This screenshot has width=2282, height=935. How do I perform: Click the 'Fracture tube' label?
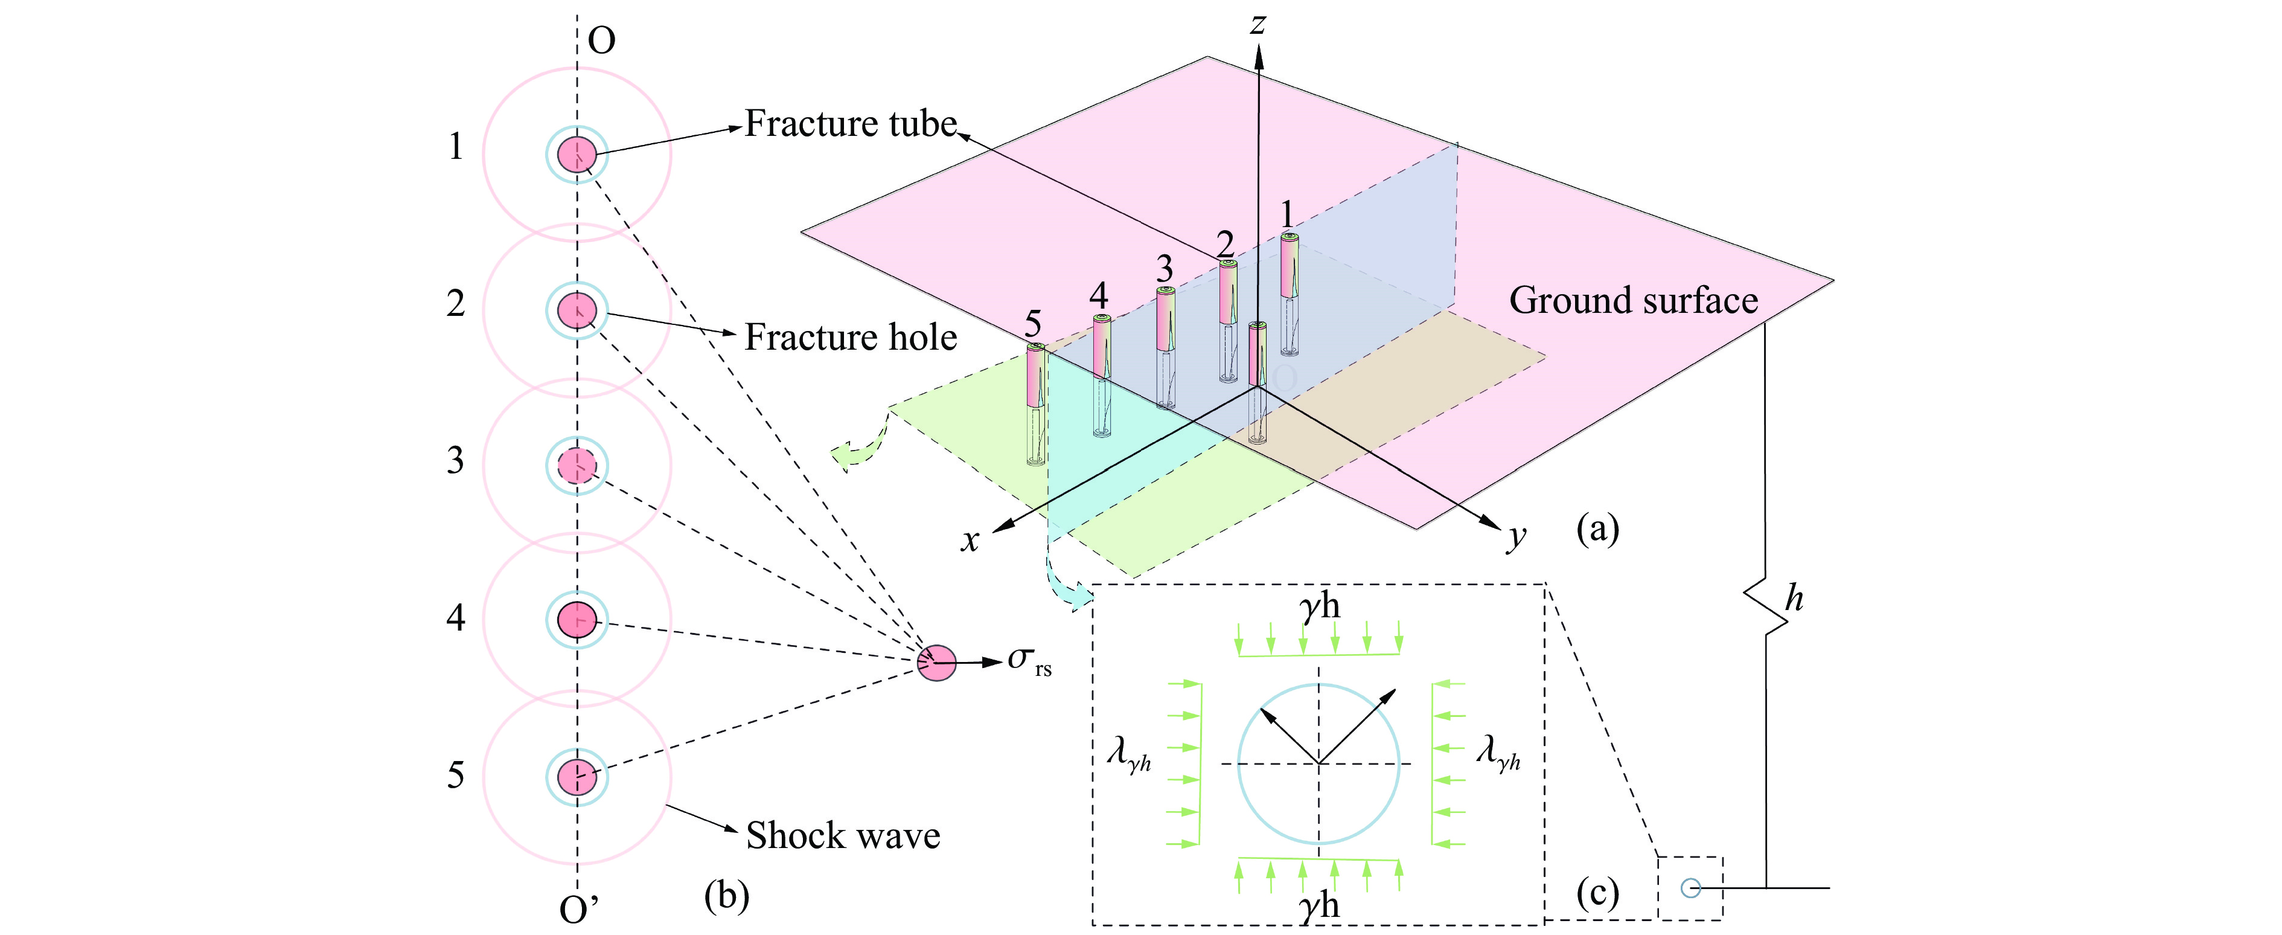click(851, 124)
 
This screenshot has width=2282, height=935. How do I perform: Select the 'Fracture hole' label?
click(851, 338)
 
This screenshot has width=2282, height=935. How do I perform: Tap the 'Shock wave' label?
click(842, 836)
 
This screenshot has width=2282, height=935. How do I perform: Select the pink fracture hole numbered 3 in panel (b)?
click(577, 465)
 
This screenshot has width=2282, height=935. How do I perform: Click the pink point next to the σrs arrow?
click(936, 662)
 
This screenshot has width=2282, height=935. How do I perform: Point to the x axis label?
click(970, 540)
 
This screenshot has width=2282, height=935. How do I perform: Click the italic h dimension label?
click(1794, 599)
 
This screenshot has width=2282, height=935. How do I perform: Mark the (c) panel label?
click(1597, 893)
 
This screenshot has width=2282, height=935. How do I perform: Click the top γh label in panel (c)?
click(1319, 607)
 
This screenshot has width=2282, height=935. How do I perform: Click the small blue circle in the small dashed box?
click(1690, 887)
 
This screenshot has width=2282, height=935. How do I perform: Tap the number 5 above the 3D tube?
click(1033, 324)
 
